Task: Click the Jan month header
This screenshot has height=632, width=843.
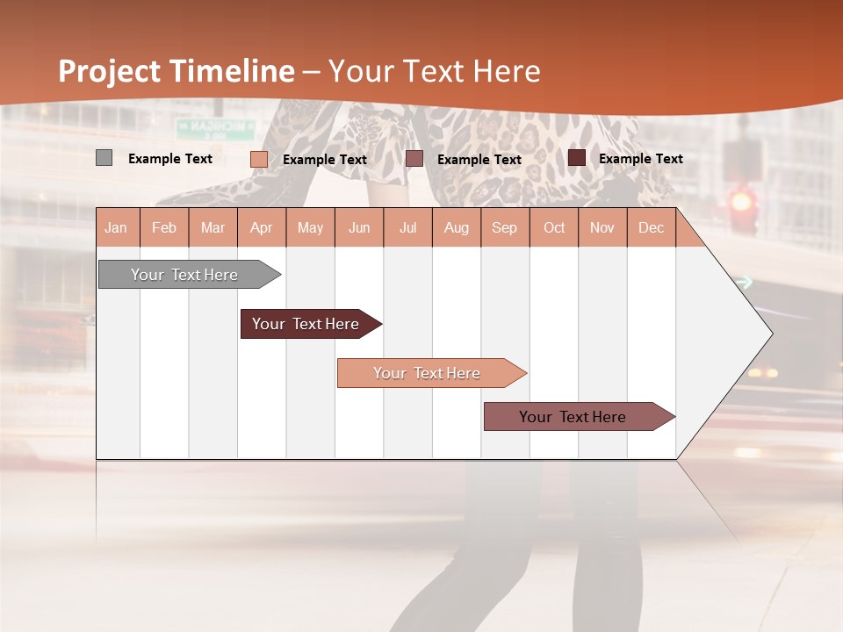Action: (x=116, y=228)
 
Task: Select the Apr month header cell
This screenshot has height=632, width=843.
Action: (x=262, y=228)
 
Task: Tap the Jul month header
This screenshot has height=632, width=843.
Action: (x=407, y=228)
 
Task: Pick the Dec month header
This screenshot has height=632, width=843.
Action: (x=651, y=228)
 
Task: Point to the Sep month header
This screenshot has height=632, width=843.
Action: (x=504, y=228)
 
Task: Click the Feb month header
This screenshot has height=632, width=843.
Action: (x=164, y=228)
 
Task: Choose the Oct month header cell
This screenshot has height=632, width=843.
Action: (x=554, y=228)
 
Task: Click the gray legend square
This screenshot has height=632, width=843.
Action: (x=104, y=158)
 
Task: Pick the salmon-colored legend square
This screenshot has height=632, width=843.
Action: (x=259, y=159)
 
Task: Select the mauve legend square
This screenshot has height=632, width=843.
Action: (x=414, y=158)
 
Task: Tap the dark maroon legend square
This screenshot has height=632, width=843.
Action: (x=577, y=158)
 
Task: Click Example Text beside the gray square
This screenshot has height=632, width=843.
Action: (x=170, y=159)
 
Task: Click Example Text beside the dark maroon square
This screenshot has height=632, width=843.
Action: (x=641, y=159)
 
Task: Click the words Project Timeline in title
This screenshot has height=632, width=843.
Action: (x=177, y=71)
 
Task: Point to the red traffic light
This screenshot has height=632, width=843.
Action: (x=743, y=201)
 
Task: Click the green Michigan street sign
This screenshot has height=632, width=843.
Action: (x=215, y=128)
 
